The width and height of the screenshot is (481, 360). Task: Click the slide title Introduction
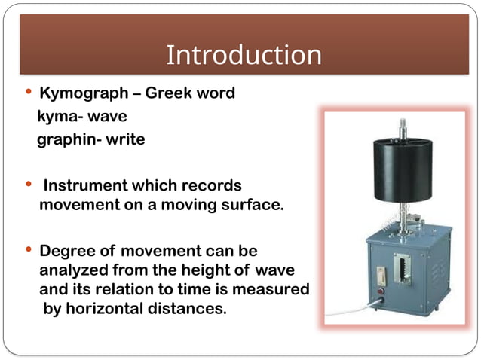243,55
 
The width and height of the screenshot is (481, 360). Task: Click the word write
125,139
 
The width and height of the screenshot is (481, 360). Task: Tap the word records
214,185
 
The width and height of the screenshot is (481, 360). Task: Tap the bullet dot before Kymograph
29,93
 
